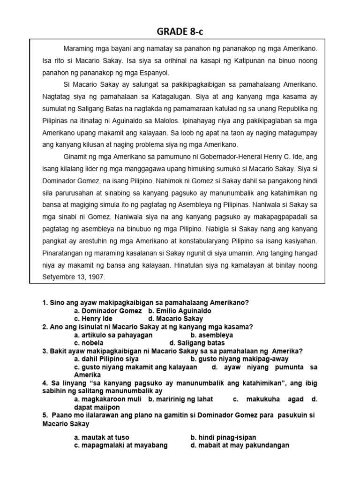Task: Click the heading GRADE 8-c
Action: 180,31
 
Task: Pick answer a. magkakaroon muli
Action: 109,399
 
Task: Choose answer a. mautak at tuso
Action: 101,438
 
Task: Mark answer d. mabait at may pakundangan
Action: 240,445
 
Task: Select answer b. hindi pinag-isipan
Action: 223,438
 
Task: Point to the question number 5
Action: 45,416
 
